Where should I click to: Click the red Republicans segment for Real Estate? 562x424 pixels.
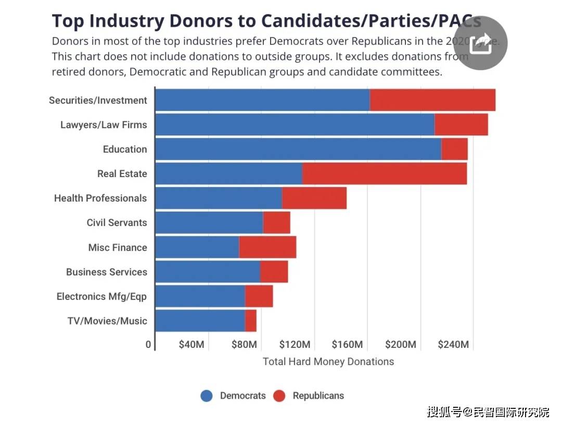(384, 173)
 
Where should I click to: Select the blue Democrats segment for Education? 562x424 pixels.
(298, 149)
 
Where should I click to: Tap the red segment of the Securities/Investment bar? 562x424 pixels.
(432, 100)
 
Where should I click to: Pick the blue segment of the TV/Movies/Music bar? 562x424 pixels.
(200, 320)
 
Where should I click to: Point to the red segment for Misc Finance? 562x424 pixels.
(267, 247)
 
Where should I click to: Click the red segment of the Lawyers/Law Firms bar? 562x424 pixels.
(461, 124)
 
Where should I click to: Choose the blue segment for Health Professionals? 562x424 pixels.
(219, 198)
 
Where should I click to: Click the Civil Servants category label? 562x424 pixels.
(117, 222)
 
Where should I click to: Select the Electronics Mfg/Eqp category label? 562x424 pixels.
(101, 296)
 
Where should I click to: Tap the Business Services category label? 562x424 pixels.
(106, 272)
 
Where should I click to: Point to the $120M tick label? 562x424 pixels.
(295, 345)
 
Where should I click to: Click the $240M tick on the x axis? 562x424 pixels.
(453, 345)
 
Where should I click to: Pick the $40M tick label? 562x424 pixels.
(191, 345)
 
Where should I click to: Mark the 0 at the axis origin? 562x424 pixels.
(148, 345)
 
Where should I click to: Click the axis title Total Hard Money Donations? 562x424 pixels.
(328, 361)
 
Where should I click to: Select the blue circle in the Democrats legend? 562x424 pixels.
(207, 396)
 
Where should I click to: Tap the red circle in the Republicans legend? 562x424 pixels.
(279, 396)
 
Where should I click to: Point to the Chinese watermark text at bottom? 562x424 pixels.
(488, 412)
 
